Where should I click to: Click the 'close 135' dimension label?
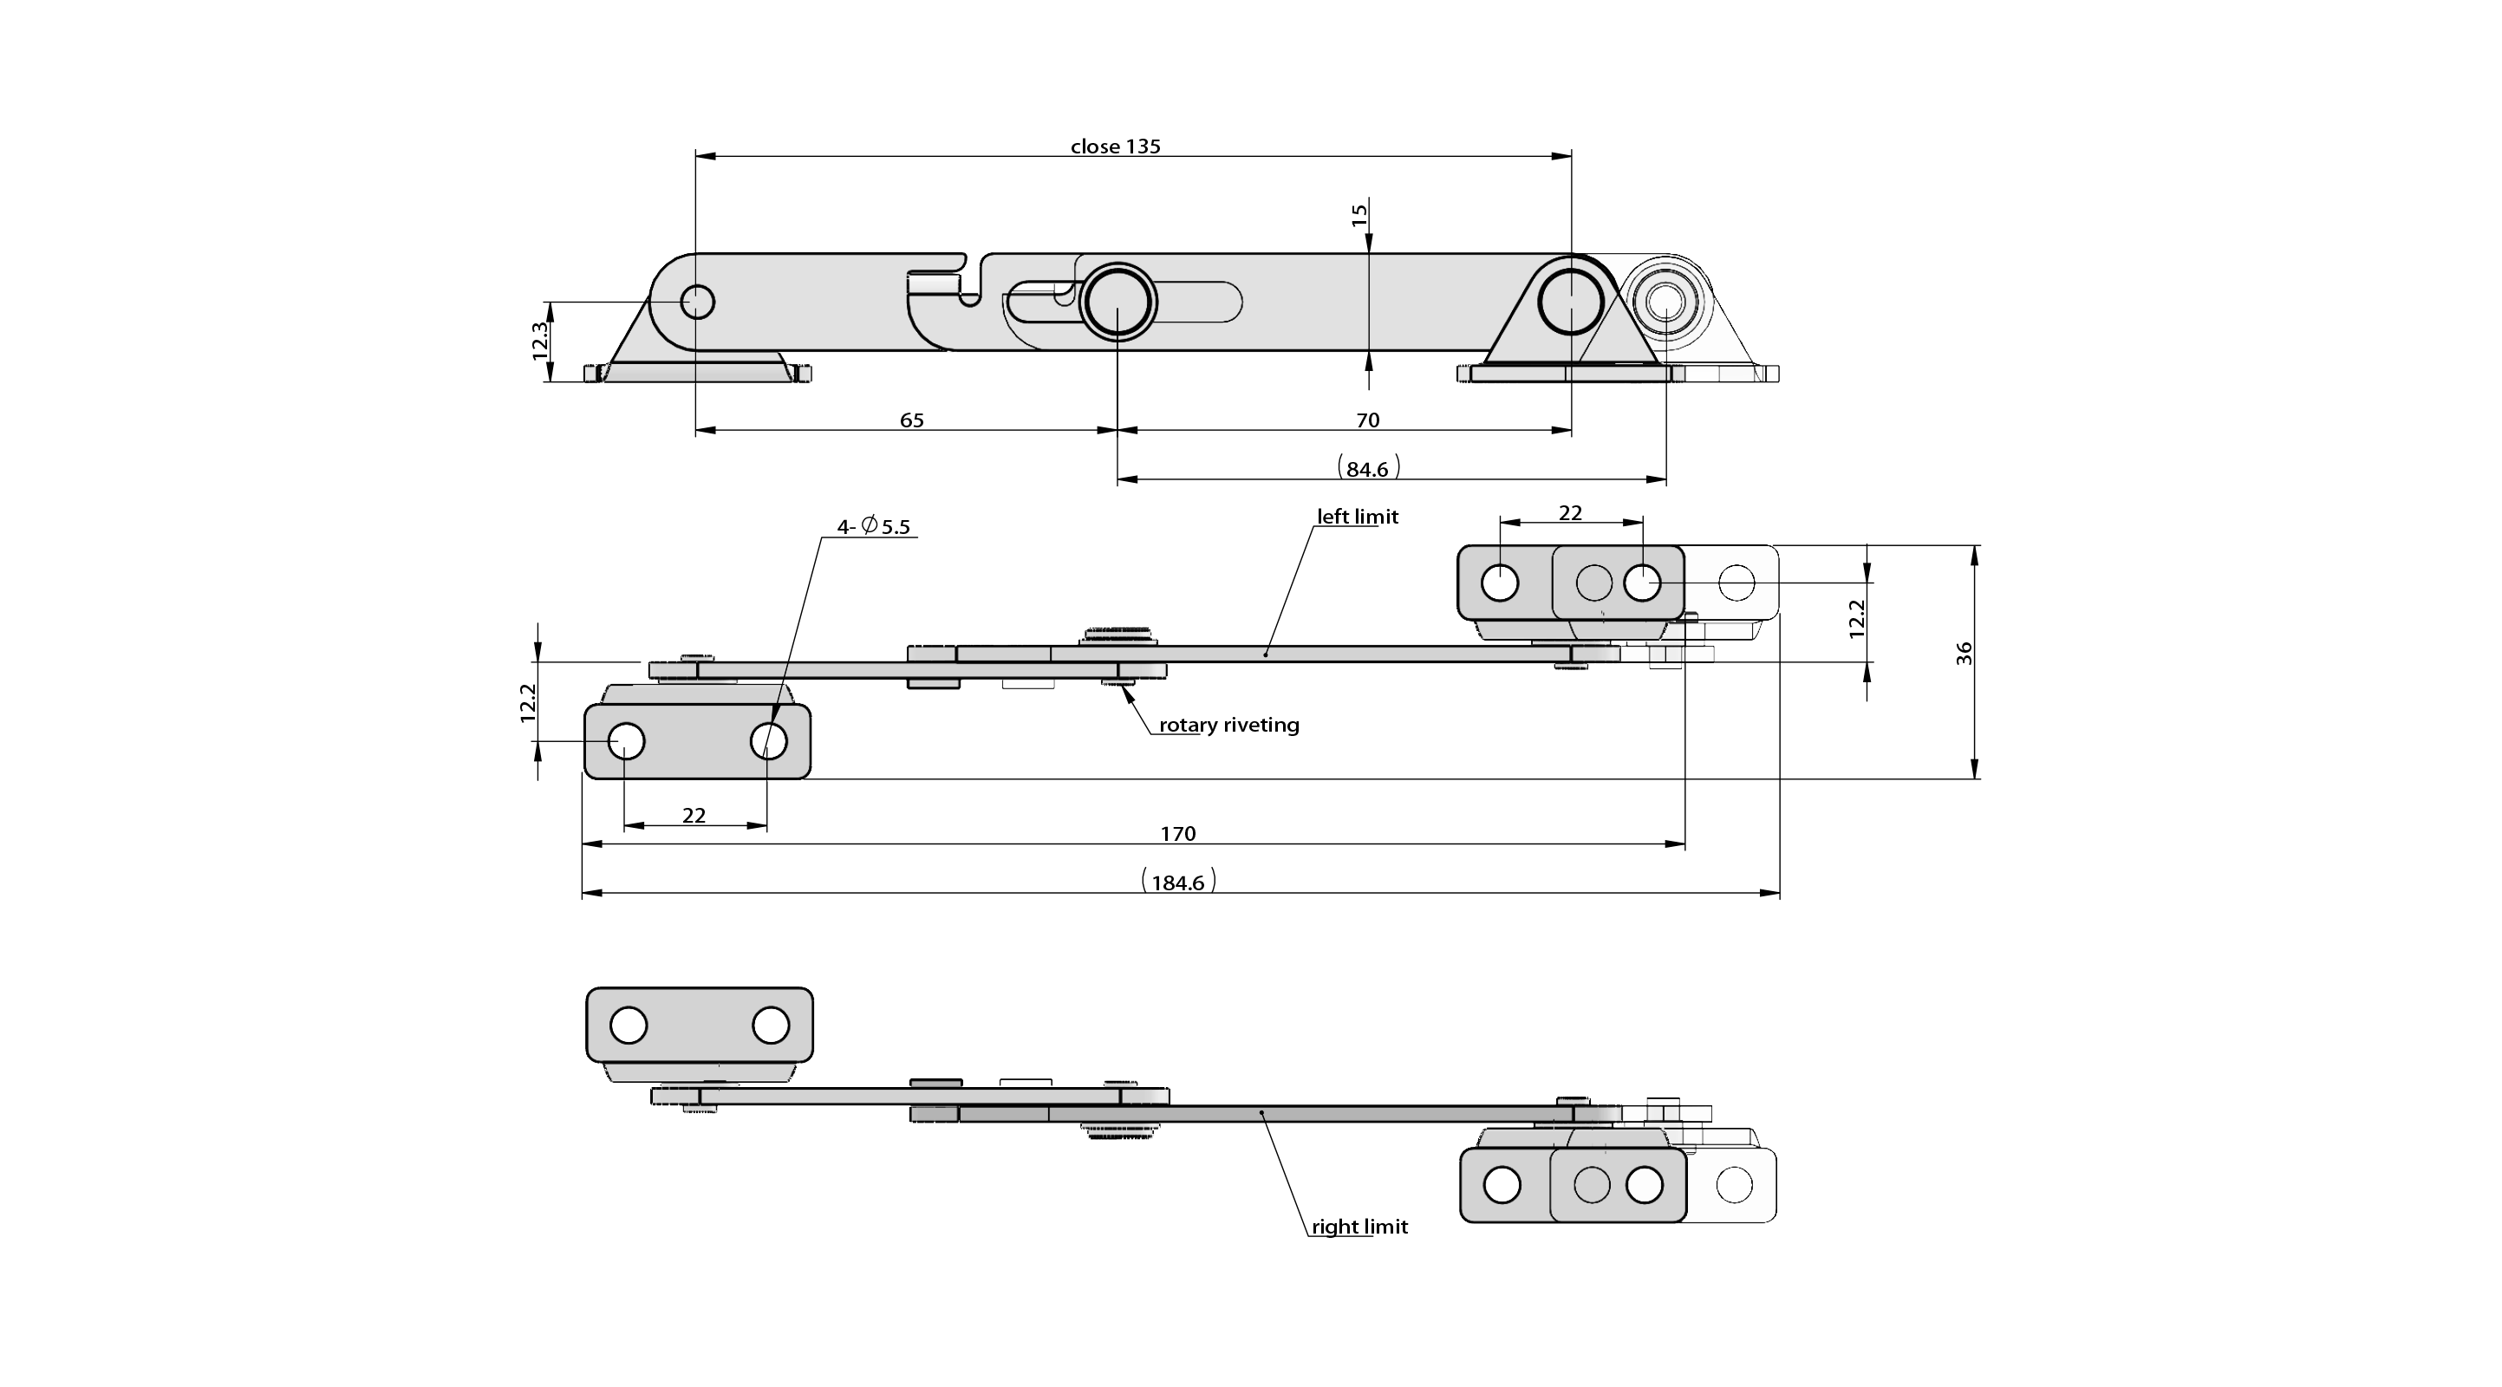click(1115, 147)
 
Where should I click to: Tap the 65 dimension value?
click(911, 420)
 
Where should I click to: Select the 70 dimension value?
click(1366, 420)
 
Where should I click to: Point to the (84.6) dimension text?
click(1367, 469)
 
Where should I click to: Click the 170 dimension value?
click(1177, 834)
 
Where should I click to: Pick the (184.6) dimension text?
click(1177, 882)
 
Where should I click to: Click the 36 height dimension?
click(1964, 653)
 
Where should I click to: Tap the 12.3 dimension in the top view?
click(541, 341)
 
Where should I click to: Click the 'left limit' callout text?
click(1357, 517)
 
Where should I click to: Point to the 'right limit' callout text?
click(1359, 1227)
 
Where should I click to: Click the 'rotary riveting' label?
click(1228, 726)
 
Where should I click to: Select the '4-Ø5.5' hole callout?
click(873, 526)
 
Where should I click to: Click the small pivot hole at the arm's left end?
click(697, 301)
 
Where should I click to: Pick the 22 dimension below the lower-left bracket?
click(694, 815)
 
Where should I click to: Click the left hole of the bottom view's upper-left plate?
click(629, 1026)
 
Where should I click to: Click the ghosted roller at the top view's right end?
click(1665, 301)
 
